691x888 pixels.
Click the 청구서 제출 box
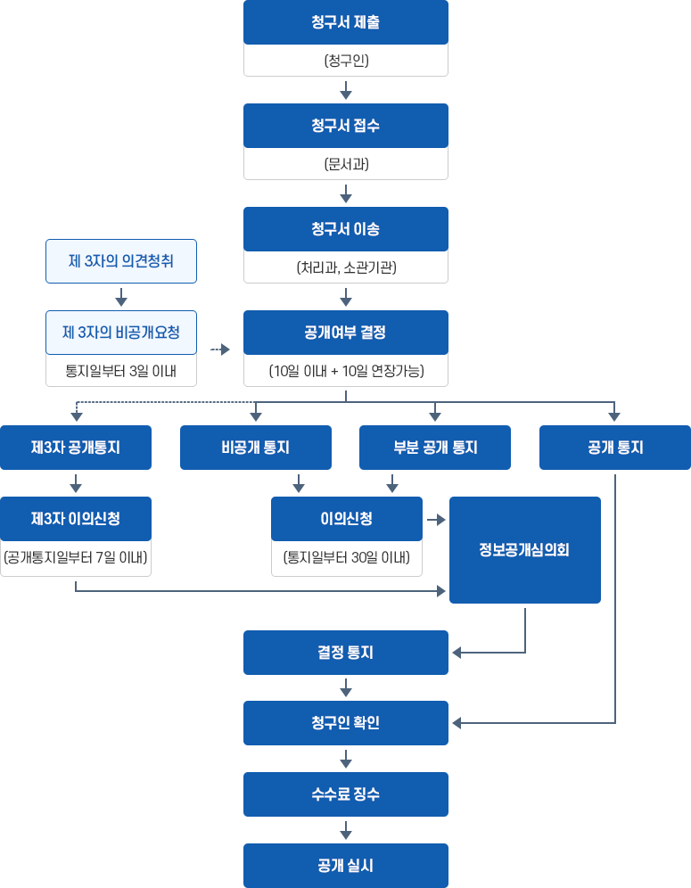pos(346,22)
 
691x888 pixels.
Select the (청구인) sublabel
pos(346,61)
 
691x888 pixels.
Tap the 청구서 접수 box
pos(346,126)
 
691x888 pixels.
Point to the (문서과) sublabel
pos(346,164)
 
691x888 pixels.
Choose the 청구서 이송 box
pos(346,229)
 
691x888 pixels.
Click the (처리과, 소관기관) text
pos(346,267)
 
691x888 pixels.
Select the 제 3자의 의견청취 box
pos(121,261)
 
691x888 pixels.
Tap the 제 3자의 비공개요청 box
pos(121,333)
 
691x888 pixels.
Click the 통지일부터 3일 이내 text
pos(121,371)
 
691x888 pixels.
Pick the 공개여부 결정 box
pos(346,333)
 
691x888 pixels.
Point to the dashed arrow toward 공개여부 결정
pos(219,350)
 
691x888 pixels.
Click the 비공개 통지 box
pos(256,448)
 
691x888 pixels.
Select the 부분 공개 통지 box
pos(435,448)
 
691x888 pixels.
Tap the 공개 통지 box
pos(614,448)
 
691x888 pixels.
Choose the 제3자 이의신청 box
pos(76,519)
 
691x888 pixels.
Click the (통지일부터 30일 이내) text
pos(347,559)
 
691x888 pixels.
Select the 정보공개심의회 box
pos(525,550)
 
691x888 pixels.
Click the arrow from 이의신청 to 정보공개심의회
pos(436,519)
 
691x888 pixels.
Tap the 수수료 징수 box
pos(346,794)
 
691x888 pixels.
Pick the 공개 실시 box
pos(346,866)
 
